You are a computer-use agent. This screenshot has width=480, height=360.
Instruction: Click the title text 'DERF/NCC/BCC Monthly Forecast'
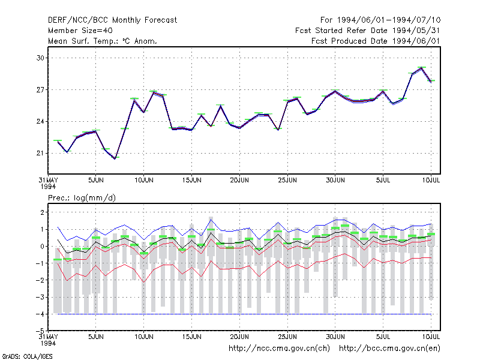pos(112,20)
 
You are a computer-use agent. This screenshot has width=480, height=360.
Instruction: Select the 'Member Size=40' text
pos(80,31)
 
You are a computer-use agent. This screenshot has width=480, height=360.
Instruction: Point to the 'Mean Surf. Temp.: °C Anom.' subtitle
pos(102,41)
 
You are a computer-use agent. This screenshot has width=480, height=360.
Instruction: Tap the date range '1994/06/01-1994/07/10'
pos(389,20)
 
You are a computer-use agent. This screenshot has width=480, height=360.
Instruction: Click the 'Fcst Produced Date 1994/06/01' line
pos(376,41)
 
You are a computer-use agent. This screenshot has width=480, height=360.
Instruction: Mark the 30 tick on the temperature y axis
pos(40,58)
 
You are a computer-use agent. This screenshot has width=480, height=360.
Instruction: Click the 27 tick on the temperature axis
pos(40,89)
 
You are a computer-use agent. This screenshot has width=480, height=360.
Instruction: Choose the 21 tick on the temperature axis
pos(40,153)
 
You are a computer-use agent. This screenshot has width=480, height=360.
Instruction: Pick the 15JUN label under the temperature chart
pos(191,180)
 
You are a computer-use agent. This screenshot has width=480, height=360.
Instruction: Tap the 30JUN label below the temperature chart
pos(335,180)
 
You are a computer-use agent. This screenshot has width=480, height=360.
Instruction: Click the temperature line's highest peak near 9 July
pos(422,68)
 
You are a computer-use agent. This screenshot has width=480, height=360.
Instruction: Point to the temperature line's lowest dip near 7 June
pos(115,158)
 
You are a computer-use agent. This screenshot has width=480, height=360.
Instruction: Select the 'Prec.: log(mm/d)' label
pos(82,198)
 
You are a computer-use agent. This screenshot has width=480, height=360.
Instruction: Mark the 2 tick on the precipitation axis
pos(42,212)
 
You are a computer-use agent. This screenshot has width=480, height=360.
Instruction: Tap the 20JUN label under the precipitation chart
pos(239,337)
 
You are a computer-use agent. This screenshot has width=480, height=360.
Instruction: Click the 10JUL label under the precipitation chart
pos(431,337)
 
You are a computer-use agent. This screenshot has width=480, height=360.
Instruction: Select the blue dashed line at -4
pos(244,314)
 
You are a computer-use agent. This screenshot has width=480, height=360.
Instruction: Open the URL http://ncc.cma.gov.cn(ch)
pos(279,349)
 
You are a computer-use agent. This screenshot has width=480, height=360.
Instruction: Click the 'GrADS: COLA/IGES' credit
pos(27,356)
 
